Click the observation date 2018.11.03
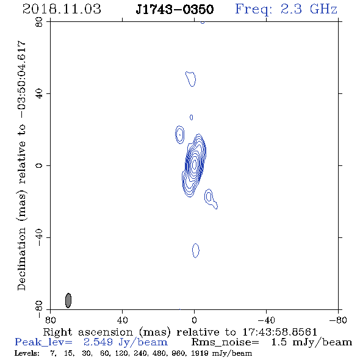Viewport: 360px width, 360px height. pyautogui.click(x=62, y=9)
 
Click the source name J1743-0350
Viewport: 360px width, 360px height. pyautogui.click(x=175, y=9)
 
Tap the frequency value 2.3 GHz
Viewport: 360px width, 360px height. pyautogui.click(x=309, y=9)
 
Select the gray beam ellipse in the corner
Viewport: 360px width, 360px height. pyautogui.click(x=68, y=300)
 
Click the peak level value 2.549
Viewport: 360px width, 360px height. pyautogui.click(x=98, y=342)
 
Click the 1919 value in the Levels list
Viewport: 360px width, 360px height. pyautogui.click(x=201, y=353)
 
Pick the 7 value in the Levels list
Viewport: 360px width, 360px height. pyautogui.click(x=52, y=353)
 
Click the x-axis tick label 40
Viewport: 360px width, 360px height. pyautogui.click(x=122, y=320)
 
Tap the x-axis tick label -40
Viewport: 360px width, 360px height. pyautogui.click(x=266, y=320)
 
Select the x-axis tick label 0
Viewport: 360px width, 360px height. pyautogui.click(x=194, y=320)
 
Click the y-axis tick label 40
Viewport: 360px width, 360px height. pyautogui.click(x=39, y=94)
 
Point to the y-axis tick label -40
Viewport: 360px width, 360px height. pyautogui.click(x=39, y=237)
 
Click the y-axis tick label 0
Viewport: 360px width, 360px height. pyautogui.click(x=39, y=165)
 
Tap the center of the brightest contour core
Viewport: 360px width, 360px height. pyautogui.click(x=195, y=164)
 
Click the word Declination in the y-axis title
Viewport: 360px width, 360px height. pyautogui.click(x=21, y=259)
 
